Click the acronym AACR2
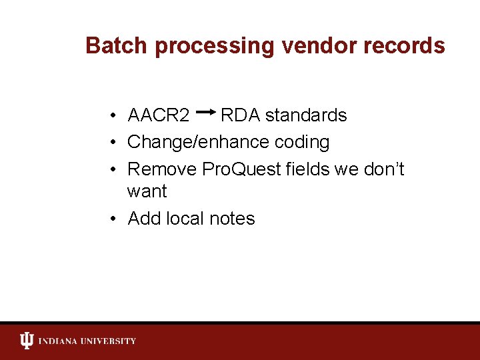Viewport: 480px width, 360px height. (159, 115)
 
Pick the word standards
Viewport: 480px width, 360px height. (306, 115)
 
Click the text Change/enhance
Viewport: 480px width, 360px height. (195, 143)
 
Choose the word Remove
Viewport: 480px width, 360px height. (162, 169)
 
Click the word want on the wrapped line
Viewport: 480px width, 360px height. (147, 191)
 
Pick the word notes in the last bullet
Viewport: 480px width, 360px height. (233, 219)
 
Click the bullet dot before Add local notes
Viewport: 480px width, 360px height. (115, 219)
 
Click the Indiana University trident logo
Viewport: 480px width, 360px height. (26, 341)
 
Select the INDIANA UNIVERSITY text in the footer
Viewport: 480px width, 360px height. (87, 341)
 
